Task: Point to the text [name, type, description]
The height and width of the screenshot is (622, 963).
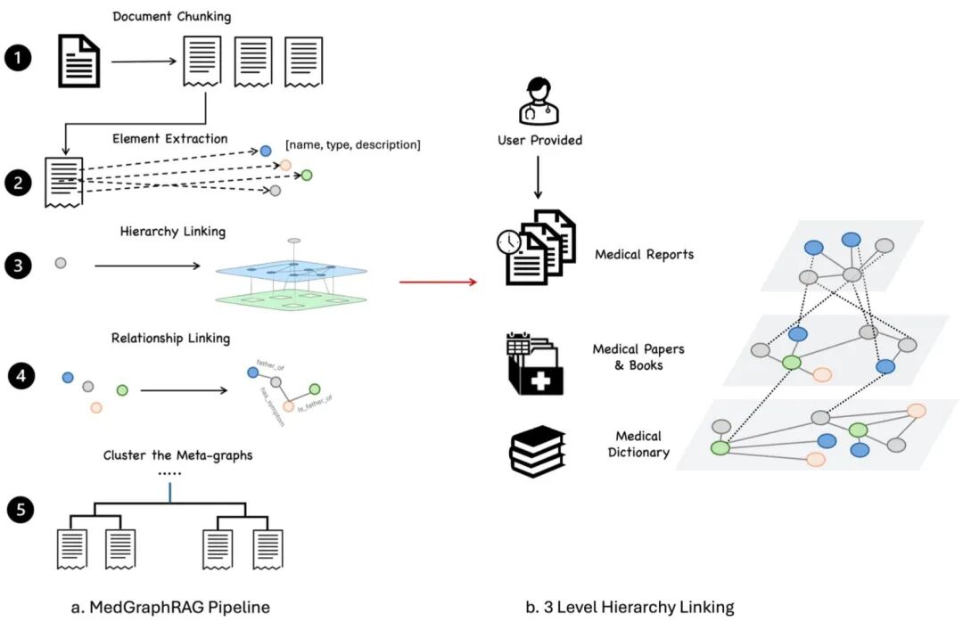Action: click(x=352, y=143)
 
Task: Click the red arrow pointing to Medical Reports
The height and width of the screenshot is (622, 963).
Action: click(x=437, y=282)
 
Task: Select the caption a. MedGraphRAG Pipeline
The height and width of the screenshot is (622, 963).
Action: click(x=169, y=607)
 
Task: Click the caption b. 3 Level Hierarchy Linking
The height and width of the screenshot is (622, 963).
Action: click(x=630, y=607)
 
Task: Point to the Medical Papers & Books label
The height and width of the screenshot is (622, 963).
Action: click(x=638, y=356)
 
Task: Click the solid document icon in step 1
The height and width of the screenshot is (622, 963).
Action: click(x=79, y=61)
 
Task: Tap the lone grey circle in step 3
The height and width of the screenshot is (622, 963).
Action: click(x=60, y=264)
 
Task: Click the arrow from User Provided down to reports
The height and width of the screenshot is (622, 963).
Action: click(x=537, y=178)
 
